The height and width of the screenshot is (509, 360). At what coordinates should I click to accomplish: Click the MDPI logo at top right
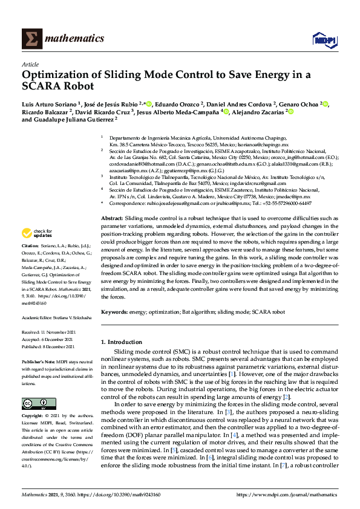coord(324,39)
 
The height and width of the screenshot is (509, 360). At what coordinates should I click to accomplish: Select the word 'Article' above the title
coord(30,63)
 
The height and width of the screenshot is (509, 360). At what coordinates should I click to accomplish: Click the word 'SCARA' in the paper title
coord(41,86)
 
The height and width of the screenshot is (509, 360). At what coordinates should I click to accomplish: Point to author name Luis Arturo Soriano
coord(47,103)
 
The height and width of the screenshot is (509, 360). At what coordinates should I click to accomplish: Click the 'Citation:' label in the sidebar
coord(30,246)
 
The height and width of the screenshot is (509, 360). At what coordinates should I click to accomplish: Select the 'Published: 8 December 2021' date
coord(50,346)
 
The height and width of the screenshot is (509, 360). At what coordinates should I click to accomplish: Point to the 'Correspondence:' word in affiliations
coord(128,203)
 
